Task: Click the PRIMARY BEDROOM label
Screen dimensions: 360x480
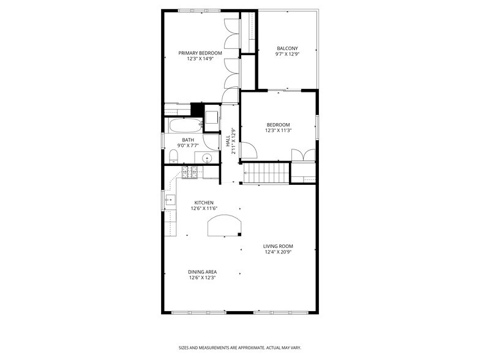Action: pyautogui.click(x=200, y=53)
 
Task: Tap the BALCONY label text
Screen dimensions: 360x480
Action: pyautogui.click(x=287, y=48)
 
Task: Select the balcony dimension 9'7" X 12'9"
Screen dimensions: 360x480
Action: pyautogui.click(x=287, y=54)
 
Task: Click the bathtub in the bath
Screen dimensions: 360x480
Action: pyautogui.click(x=184, y=127)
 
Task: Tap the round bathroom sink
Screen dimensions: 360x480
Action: pyautogui.click(x=208, y=159)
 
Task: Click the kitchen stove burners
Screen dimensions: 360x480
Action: pyautogui.click(x=189, y=172)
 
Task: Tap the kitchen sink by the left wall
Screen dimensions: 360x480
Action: pyautogui.click(x=170, y=200)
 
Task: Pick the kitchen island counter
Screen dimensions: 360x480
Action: pyautogui.click(x=225, y=225)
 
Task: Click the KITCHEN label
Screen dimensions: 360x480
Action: pyautogui.click(x=204, y=203)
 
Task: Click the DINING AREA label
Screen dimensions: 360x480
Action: pyautogui.click(x=203, y=272)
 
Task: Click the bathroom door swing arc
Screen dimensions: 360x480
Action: pyautogui.click(x=211, y=143)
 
